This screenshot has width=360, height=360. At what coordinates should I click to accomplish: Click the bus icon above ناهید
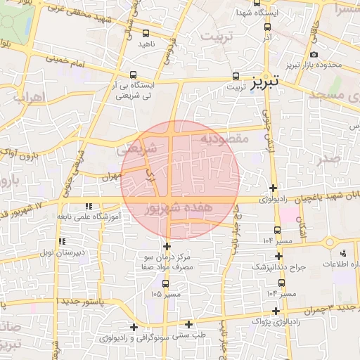pos(146,33)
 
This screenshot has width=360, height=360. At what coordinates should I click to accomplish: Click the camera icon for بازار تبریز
pos(314,54)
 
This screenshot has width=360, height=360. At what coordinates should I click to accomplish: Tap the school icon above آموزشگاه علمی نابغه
pos(88,206)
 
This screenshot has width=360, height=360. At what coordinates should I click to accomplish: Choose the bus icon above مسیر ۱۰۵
pos(165,283)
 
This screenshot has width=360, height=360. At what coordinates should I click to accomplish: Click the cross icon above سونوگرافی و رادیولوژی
pos(134,326)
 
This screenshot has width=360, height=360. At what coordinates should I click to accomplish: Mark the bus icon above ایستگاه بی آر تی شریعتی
pos(133,75)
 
